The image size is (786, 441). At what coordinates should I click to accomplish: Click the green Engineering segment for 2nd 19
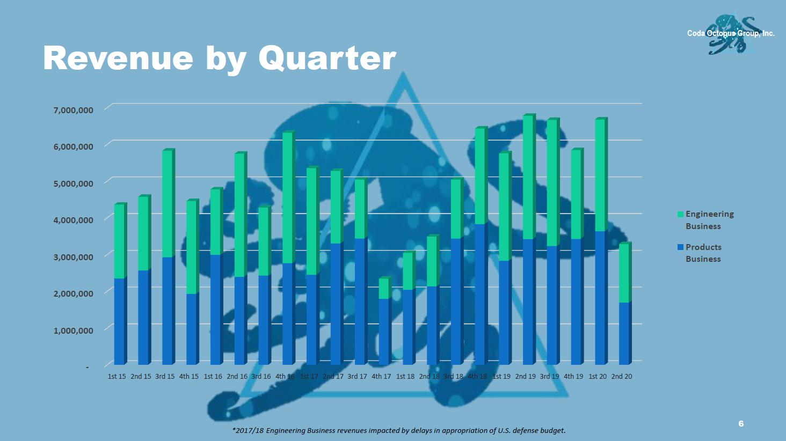coord(529,177)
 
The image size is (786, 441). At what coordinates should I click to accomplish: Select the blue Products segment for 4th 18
coord(481,294)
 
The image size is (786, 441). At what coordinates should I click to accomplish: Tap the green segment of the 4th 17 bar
coord(385,288)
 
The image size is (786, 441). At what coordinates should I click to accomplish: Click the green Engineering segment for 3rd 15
coord(169,203)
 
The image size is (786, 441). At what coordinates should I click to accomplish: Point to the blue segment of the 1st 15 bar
coord(121,321)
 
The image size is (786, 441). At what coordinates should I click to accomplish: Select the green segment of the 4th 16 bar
coord(289,197)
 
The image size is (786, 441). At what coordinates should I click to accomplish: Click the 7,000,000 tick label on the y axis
coord(74,110)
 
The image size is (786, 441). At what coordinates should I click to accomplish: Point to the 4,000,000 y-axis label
coord(74,220)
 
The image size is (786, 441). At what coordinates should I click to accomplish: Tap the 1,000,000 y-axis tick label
coord(74,330)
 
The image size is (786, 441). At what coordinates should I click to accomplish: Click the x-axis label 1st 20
coord(598,377)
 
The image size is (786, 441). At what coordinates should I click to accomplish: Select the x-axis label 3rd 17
coord(357,377)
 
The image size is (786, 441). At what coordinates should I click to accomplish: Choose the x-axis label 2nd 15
coord(141,377)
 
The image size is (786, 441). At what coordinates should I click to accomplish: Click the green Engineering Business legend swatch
coord(680,214)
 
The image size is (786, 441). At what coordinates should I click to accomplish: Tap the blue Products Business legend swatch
coord(680,247)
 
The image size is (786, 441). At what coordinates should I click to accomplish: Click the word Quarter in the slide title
coord(327,59)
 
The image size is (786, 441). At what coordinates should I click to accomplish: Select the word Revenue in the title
coord(118,58)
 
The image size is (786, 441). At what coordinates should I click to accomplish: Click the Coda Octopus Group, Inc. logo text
coord(731,33)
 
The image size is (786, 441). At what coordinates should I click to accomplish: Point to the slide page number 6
coord(741,423)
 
